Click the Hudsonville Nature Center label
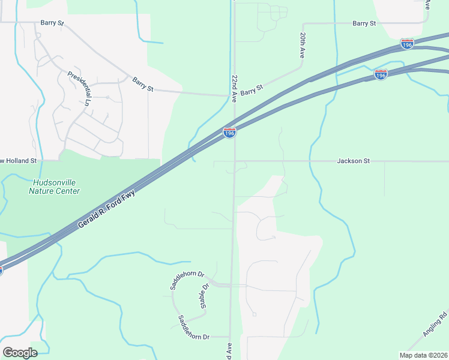55,187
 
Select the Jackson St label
354,161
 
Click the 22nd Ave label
234,89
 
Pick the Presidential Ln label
79,88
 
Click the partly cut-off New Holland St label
19,161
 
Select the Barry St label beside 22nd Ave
252,91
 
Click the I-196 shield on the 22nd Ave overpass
229,133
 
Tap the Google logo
20,352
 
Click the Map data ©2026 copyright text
423,355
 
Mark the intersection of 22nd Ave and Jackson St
234,161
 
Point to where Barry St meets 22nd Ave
234,95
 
